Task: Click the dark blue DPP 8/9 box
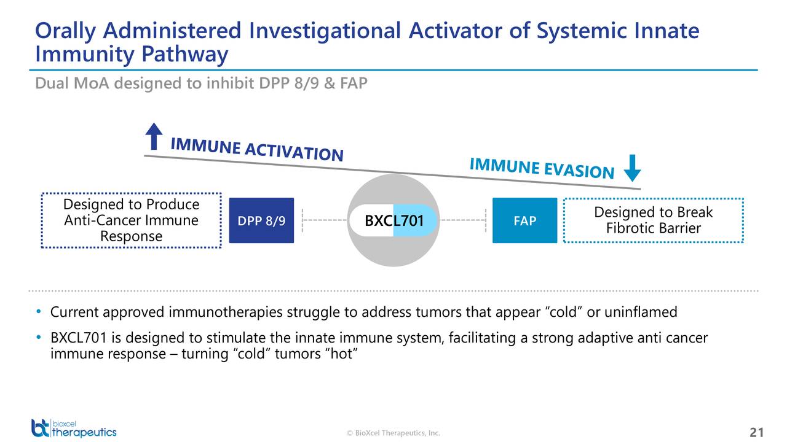pos(261,220)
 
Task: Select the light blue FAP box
pos(524,220)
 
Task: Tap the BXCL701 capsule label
pos(394,220)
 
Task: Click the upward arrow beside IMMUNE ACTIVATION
pos(154,136)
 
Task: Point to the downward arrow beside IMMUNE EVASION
pos(633,168)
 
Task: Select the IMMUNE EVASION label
pos(542,168)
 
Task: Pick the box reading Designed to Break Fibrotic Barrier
pos(654,220)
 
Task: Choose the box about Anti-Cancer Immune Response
pos(132,220)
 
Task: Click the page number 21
pos(757,432)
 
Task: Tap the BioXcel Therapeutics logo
pos(74,428)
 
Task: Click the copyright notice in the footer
pos(393,433)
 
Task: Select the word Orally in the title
pos(65,31)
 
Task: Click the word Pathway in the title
pos(185,55)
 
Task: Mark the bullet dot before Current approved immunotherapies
pos(39,311)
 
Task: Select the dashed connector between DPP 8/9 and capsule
pos(324,220)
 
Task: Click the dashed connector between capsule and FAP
pos(464,220)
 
